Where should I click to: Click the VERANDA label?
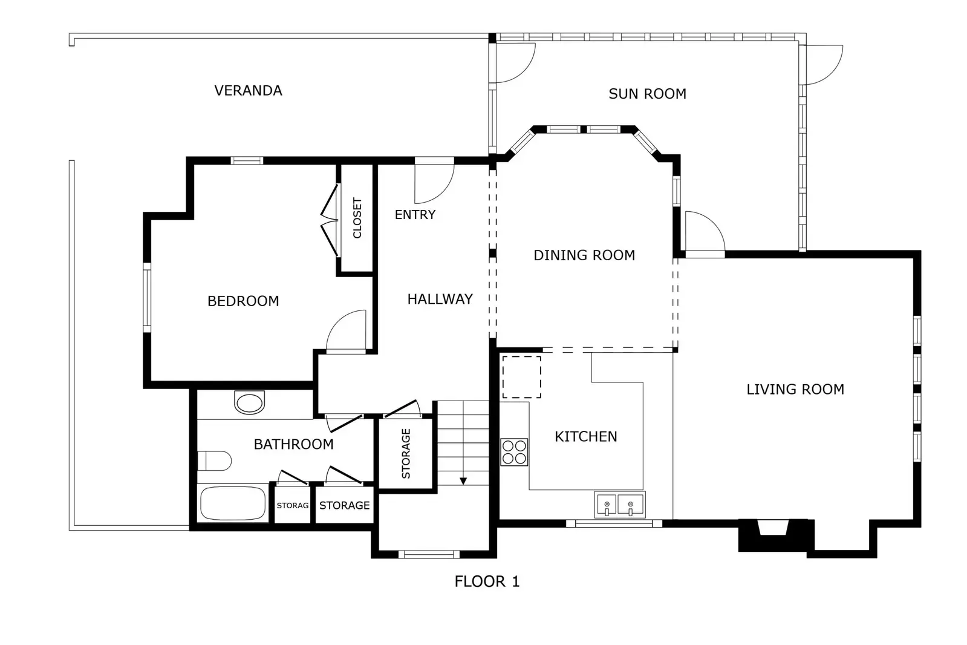248,91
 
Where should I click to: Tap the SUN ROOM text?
647,94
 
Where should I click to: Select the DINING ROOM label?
584,255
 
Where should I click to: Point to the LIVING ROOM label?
795,390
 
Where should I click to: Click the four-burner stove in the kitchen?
514,452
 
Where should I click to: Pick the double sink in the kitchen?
619,505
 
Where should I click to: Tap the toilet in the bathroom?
214,461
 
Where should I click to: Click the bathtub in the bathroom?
233,503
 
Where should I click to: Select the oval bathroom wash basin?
249,402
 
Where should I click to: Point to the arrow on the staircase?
463,480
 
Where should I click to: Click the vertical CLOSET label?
357,218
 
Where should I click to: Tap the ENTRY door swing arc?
434,182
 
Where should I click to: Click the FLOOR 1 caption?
487,581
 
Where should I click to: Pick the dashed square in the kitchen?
521,377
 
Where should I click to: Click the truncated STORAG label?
293,505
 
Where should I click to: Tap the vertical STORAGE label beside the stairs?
406,454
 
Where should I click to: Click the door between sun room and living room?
705,233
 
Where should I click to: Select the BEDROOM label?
243,301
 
